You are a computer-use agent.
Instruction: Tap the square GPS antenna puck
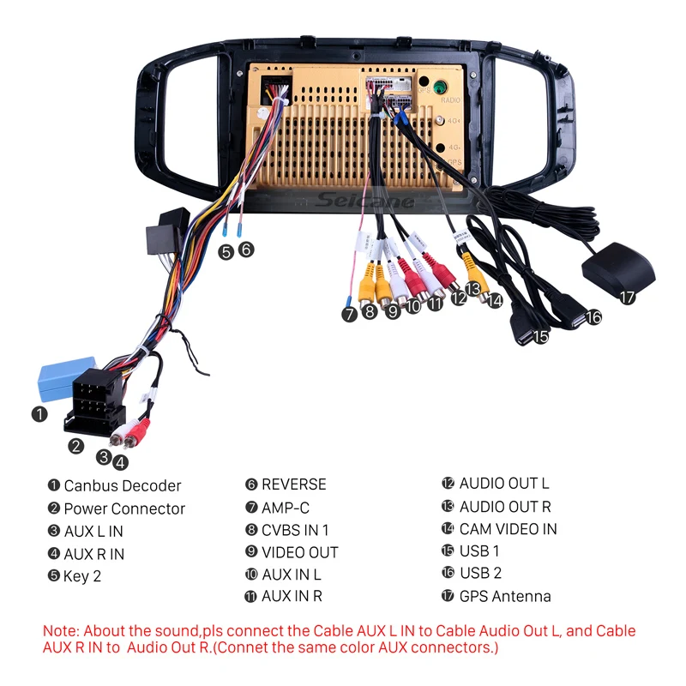pos(618,267)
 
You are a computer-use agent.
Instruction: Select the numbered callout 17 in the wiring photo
pos(628,298)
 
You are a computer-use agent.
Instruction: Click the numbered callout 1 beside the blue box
pos(39,414)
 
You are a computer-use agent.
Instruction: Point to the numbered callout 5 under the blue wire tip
pos(226,251)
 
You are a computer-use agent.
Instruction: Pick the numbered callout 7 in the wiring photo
pos(349,314)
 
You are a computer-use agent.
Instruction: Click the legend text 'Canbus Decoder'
pos(123,485)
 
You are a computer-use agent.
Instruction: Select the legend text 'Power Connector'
pos(124,508)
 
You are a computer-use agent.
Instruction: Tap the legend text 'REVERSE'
pos(294,484)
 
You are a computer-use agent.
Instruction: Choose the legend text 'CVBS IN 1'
pos(295,530)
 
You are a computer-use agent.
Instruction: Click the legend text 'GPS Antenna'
pos(505,596)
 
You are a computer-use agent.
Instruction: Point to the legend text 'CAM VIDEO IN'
pos(508,529)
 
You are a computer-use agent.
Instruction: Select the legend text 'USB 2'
pos(480,573)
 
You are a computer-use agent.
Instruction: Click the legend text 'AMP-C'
pos(286,508)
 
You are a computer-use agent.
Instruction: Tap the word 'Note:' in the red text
pos(63,631)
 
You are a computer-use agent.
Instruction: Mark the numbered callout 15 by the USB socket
pos(540,336)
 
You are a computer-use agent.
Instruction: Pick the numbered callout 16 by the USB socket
pos(593,317)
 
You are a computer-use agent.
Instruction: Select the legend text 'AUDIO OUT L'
pos(504,484)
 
